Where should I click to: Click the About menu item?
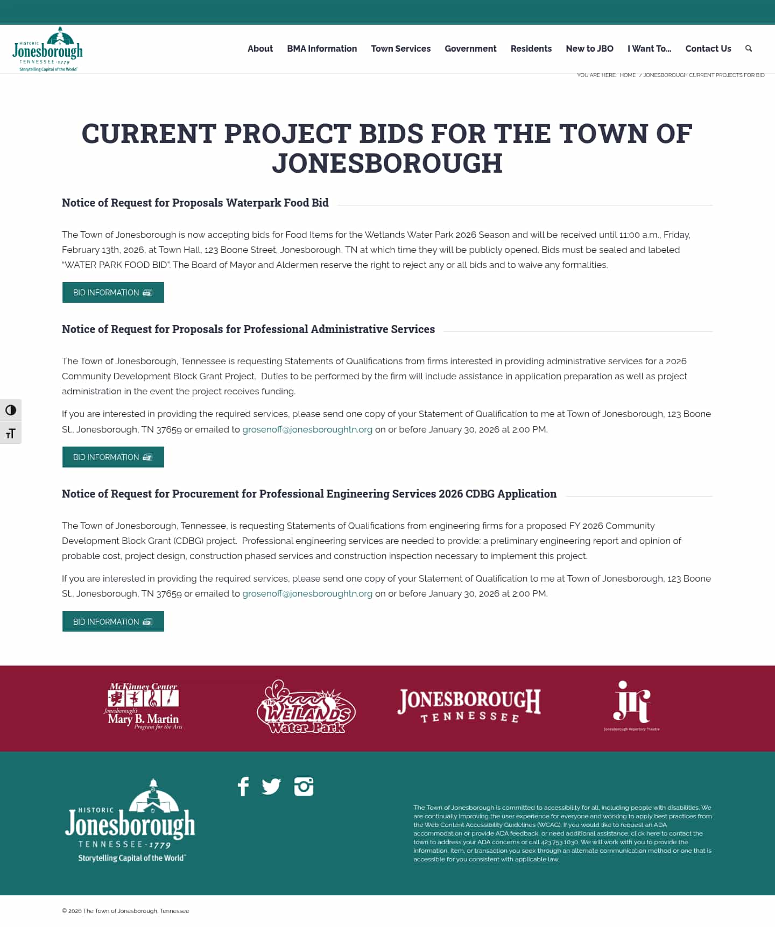pyautogui.click(x=260, y=48)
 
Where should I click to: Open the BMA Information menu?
pyautogui.click(x=322, y=48)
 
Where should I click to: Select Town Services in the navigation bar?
pyautogui.click(x=400, y=48)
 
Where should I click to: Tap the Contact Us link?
pyautogui.click(x=708, y=48)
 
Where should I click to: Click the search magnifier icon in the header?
pyautogui.click(x=748, y=48)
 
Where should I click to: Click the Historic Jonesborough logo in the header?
pyautogui.click(x=47, y=49)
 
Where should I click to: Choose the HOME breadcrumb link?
pyautogui.click(x=628, y=75)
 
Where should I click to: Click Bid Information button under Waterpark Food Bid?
pyautogui.click(x=113, y=293)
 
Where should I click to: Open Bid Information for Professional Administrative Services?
pyautogui.click(x=113, y=457)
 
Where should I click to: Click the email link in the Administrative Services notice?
pyautogui.click(x=307, y=429)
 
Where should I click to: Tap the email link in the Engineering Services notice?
pyautogui.click(x=307, y=593)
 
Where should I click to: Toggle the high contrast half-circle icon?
pyautogui.click(x=11, y=411)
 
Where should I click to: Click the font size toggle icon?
pyautogui.click(x=11, y=434)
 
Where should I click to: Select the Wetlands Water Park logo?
pyautogui.click(x=306, y=707)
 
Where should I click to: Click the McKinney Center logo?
pyautogui.click(x=144, y=706)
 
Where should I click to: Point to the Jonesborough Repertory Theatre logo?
pyautogui.click(x=632, y=705)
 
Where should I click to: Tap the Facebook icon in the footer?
pyautogui.click(x=243, y=787)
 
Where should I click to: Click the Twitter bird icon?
pyautogui.click(x=271, y=787)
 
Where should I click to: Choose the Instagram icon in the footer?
pyautogui.click(x=304, y=787)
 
